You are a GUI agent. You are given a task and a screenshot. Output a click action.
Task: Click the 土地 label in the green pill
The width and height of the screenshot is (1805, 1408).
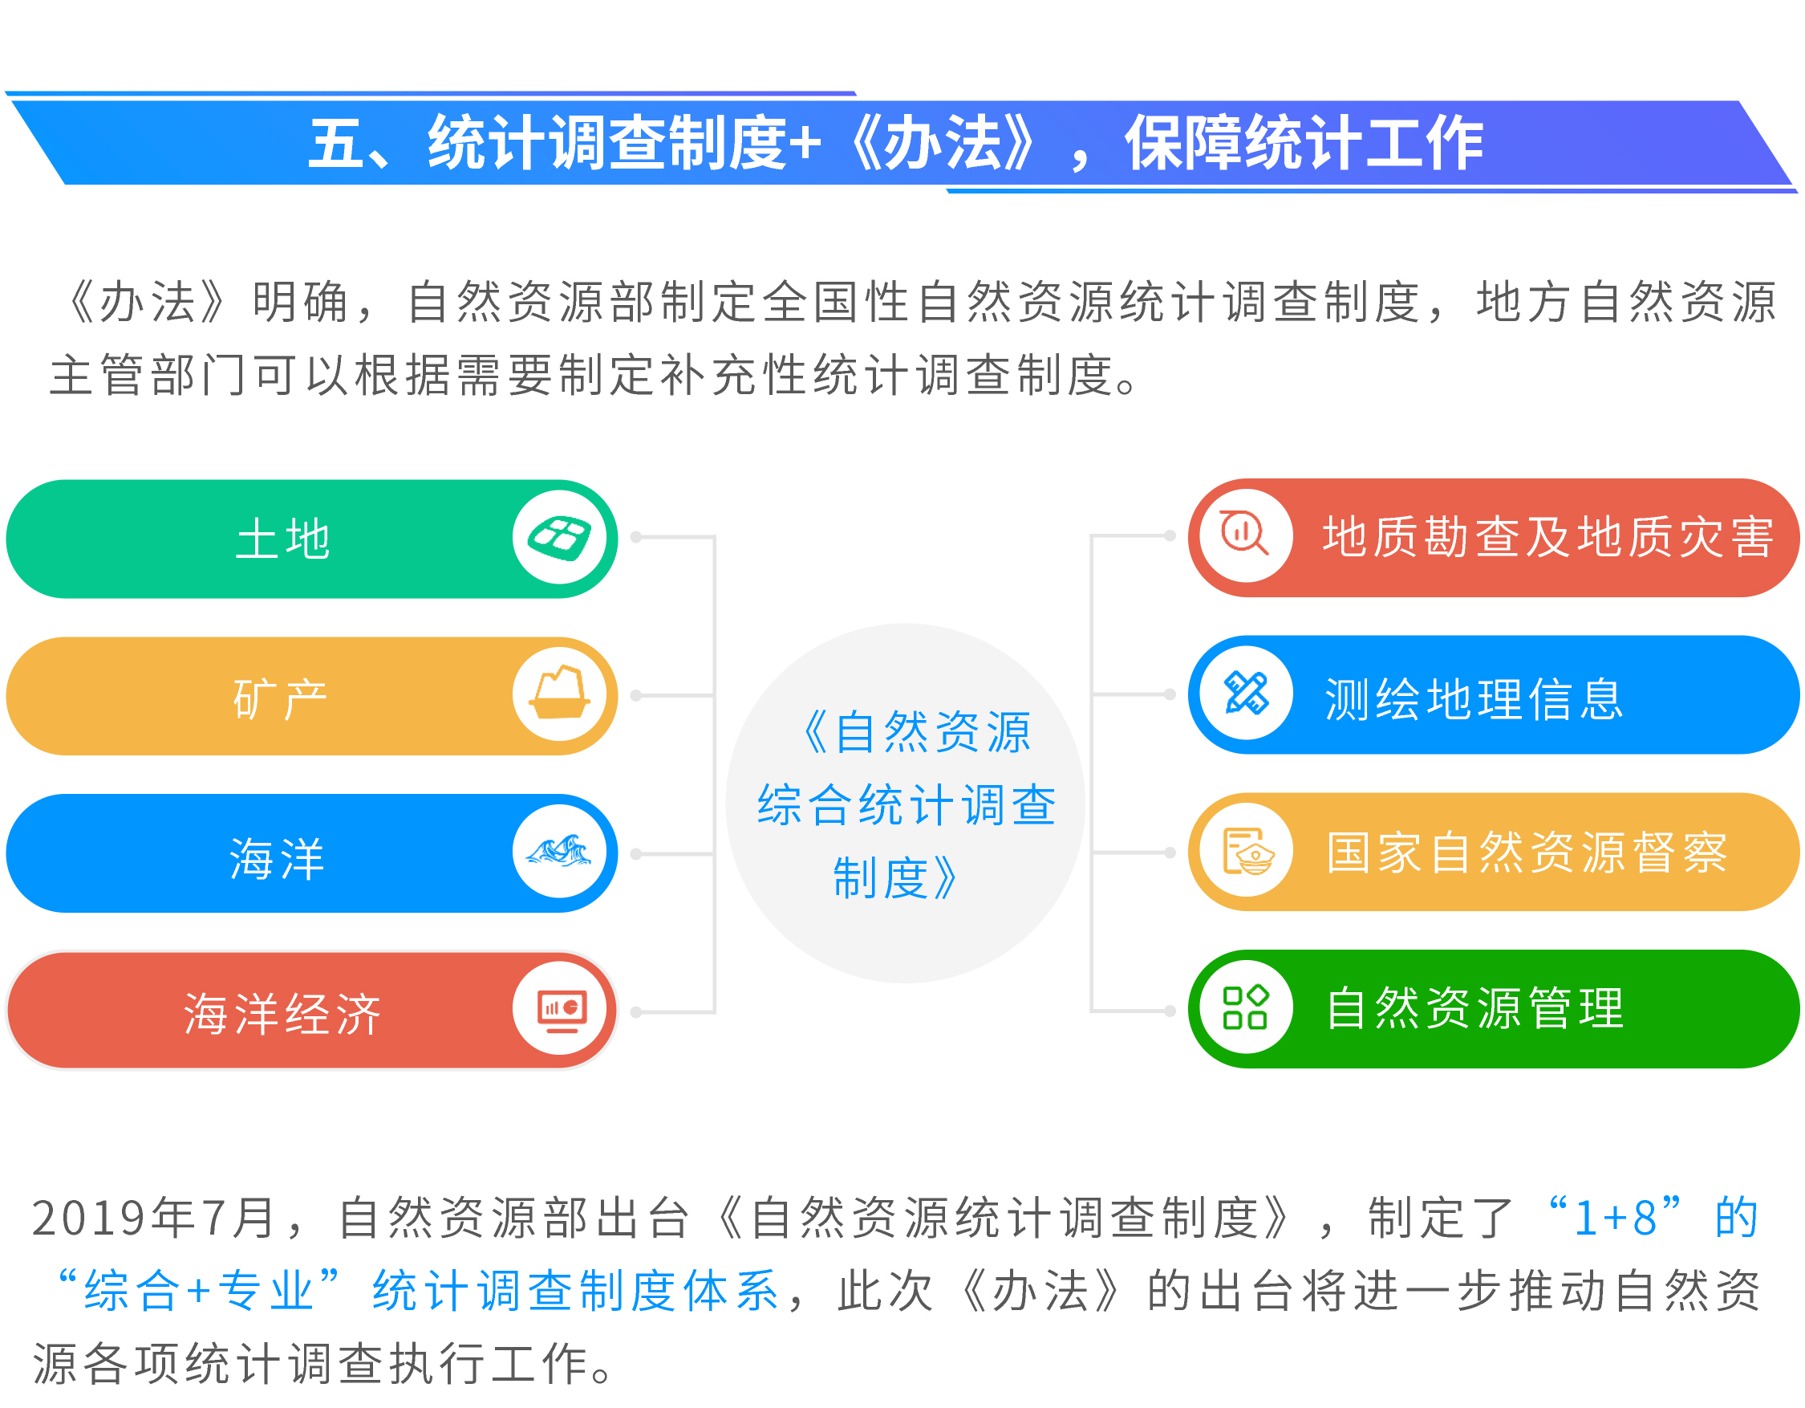click(282, 539)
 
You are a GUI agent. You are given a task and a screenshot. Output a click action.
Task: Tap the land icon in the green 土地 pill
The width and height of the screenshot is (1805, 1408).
click(559, 538)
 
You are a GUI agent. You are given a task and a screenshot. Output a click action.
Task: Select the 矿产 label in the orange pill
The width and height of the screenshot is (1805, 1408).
click(281, 698)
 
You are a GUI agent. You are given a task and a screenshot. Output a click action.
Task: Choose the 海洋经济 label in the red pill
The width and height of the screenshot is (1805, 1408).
click(282, 1014)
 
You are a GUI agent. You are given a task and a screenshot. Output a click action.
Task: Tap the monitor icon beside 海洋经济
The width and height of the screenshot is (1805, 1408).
click(562, 1011)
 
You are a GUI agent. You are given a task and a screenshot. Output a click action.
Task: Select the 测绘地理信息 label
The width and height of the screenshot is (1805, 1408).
click(1474, 698)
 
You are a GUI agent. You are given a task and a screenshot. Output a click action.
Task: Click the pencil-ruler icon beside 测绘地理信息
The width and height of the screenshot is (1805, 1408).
click(1247, 693)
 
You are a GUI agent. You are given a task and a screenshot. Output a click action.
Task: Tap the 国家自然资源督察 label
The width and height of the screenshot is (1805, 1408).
click(1527, 853)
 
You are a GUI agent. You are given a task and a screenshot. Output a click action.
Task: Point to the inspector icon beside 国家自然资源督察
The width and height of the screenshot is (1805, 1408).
click(1248, 851)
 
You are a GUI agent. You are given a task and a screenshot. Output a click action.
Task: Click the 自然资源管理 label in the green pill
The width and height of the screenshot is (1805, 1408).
click(1475, 1008)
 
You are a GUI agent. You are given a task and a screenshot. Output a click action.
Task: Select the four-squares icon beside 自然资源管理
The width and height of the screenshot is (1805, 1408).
click(1246, 1007)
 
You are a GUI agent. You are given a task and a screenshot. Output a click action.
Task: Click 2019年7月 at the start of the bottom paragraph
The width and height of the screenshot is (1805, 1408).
click(154, 1218)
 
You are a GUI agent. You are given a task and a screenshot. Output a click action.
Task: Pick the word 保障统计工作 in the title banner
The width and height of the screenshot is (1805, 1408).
click(1304, 143)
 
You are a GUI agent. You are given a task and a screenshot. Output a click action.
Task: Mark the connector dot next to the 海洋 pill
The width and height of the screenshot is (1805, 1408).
click(636, 854)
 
